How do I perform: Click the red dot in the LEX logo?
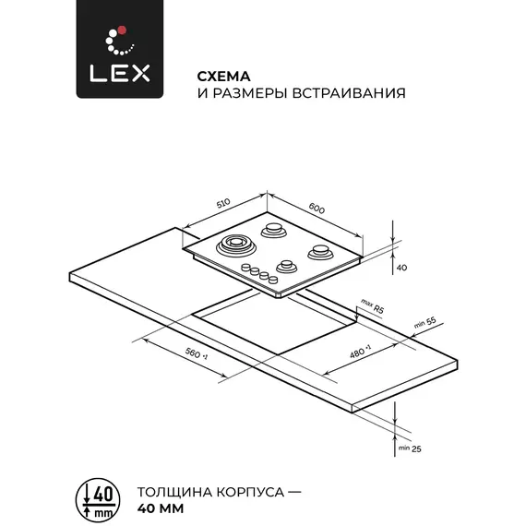pos(122,30)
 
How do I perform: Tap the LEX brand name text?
pos(120,74)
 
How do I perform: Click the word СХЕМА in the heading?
pos(223,77)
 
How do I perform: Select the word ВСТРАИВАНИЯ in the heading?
pos(349,93)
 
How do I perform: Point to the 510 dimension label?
pos(223,203)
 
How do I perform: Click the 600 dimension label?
pos(317,209)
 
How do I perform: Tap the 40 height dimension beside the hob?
pos(401,268)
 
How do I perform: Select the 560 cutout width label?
pos(197,354)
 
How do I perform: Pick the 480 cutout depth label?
pos(360,352)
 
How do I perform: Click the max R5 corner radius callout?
pos(372,306)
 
